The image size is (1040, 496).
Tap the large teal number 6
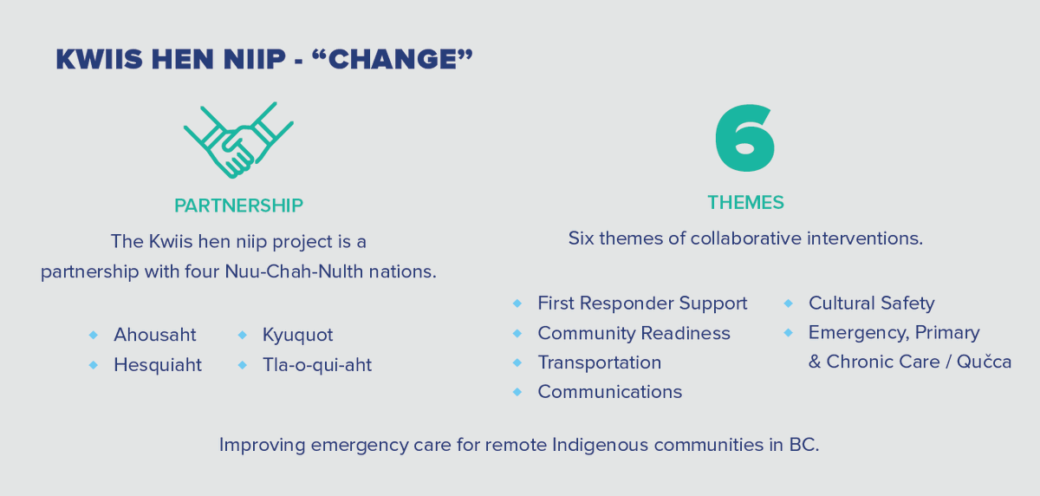click(x=745, y=140)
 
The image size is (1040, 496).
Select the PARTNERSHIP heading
click(x=238, y=206)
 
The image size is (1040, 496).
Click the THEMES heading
click(x=745, y=203)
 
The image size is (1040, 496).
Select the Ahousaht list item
click(x=154, y=335)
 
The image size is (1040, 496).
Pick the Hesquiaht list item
click(x=157, y=365)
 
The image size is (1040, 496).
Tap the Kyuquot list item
click(x=297, y=335)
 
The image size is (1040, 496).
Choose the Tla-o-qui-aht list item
click(x=316, y=365)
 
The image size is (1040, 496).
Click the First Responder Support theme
click(x=641, y=303)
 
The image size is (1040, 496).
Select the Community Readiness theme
click(x=634, y=333)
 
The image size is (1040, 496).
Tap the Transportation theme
click(x=599, y=362)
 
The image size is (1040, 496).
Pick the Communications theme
click(x=609, y=392)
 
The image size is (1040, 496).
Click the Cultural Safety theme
click(x=871, y=303)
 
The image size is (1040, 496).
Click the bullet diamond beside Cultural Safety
click(x=789, y=303)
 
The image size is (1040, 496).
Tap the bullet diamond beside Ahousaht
click(x=94, y=335)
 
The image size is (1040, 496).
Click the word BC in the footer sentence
click(x=803, y=446)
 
